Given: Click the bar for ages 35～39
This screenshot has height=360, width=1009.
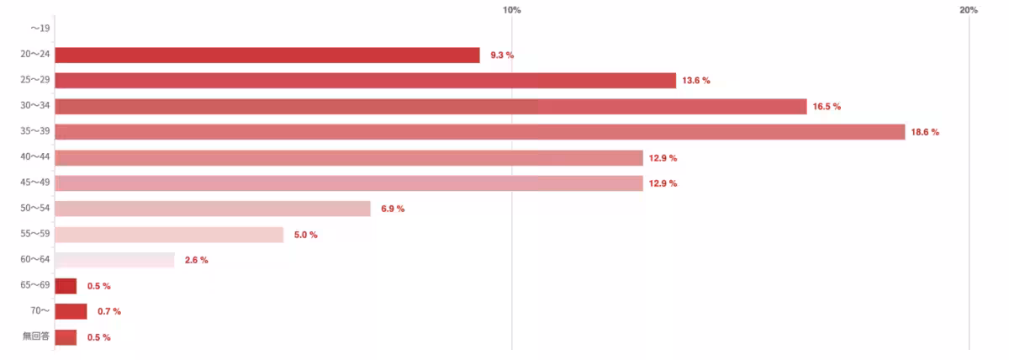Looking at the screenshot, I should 479,132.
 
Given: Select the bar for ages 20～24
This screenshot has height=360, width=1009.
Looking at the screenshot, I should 267,55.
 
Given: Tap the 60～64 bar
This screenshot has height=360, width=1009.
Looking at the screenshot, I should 114,260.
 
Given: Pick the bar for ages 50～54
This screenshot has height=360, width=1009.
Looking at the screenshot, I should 213,209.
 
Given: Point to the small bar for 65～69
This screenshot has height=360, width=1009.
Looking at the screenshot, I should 66,286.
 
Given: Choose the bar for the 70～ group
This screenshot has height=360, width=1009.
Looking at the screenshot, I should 71,311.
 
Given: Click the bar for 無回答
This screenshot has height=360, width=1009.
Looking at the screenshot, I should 66,337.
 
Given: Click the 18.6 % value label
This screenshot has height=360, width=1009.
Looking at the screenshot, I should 925,132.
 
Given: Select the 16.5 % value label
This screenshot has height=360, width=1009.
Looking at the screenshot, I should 827,107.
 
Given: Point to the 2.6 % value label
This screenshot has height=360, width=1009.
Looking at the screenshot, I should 196,260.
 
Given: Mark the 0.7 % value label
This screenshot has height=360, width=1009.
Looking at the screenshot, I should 109,312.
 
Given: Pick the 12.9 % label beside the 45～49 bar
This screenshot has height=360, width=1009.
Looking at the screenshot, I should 663,183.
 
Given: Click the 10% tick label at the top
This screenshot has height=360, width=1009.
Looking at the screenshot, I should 511,10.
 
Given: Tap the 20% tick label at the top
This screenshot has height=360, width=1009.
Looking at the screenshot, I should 968,10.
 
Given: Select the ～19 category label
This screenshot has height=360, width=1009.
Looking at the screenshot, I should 39,29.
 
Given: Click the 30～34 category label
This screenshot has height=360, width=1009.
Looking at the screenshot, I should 35,106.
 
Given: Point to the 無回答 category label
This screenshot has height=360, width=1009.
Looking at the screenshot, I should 36,337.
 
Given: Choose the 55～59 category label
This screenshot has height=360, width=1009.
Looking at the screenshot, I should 35,235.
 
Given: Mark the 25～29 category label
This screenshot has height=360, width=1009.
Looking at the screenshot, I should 35,80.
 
